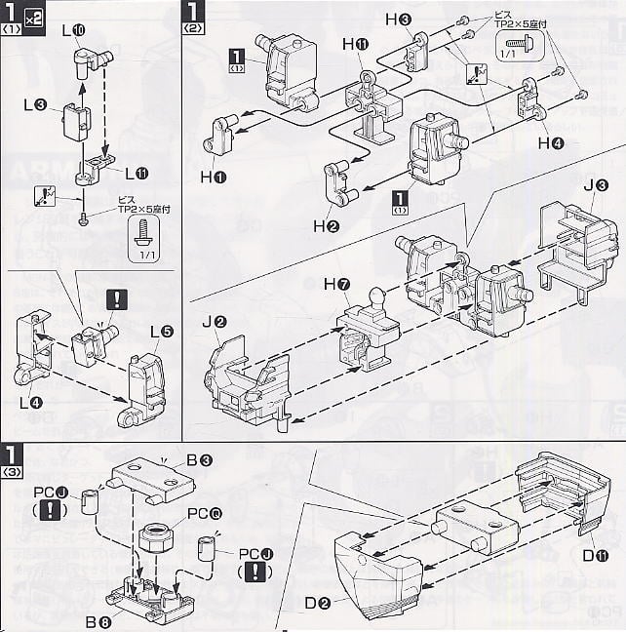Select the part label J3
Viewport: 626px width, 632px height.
click(595, 185)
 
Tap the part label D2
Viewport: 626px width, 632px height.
click(317, 603)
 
